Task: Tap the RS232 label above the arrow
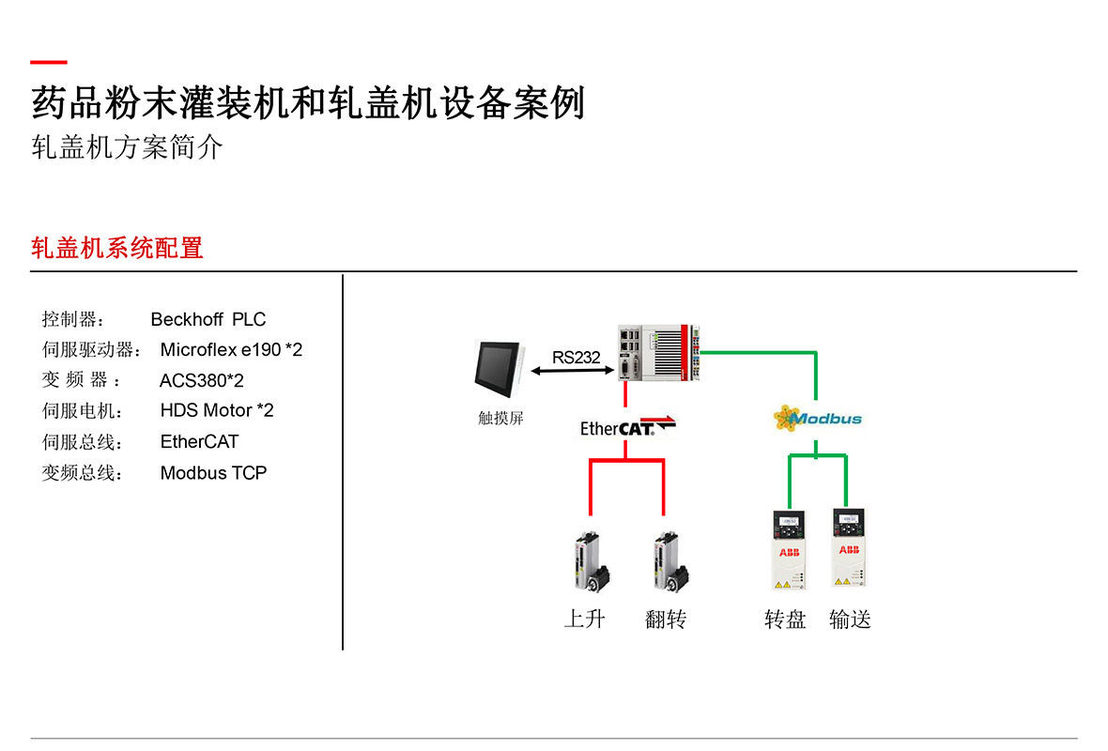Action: (576, 358)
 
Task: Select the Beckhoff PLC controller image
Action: (658, 353)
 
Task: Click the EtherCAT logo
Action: (627, 427)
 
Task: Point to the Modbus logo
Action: (818, 419)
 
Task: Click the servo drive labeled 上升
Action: (592, 561)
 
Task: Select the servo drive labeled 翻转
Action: (670, 561)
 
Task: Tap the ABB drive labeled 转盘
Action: (790, 550)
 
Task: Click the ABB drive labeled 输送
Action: (849, 548)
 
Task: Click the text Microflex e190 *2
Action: (231, 350)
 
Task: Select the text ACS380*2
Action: (201, 381)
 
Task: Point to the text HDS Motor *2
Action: (217, 410)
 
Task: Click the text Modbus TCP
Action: (213, 472)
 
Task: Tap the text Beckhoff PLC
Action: (208, 319)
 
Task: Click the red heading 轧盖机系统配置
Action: (117, 248)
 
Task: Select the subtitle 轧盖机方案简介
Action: (127, 147)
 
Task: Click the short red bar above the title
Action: (49, 62)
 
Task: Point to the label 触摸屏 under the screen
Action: (501, 419)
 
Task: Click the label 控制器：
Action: (73, 319)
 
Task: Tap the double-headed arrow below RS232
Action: (573, 371)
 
